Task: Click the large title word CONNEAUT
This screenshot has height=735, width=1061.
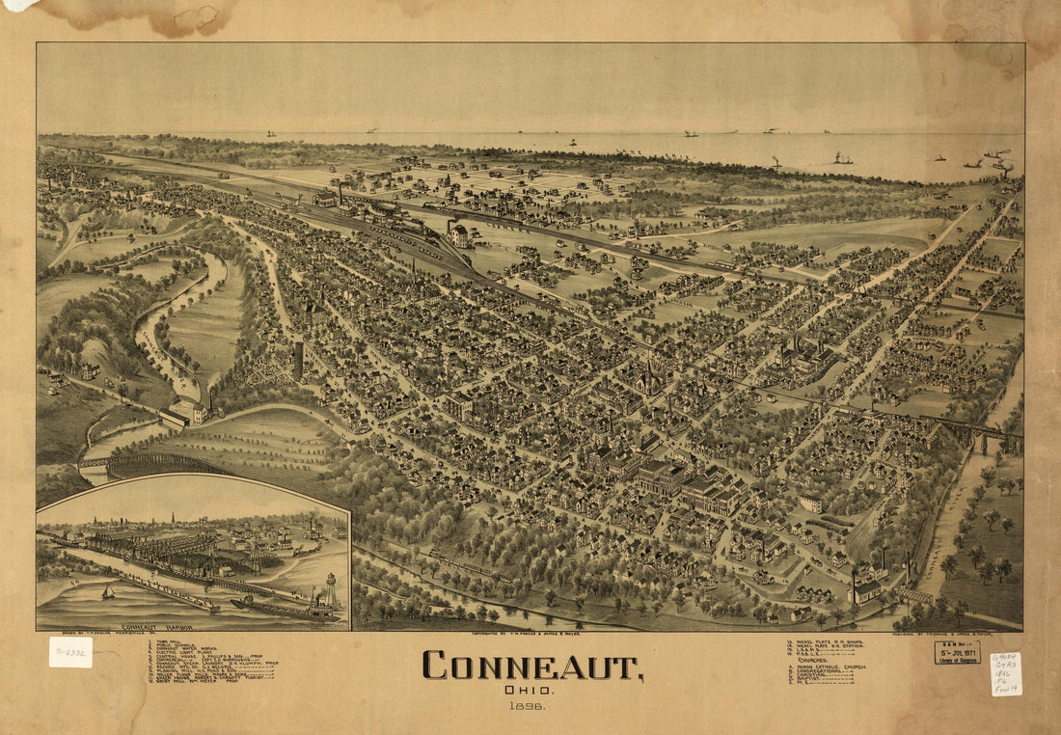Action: pos(531,667)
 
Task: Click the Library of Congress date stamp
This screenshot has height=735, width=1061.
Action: pos(957,652)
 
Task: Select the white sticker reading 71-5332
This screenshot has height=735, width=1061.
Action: pos(70,652)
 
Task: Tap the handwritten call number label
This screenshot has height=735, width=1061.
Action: pos(1005,674)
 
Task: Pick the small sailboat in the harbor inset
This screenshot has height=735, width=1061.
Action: pos(108,591)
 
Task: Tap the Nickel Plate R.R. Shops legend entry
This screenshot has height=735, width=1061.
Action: pos(825,641)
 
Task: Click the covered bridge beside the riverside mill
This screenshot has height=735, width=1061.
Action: pos(175,418)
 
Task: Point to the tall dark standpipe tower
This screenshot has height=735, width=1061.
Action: pos(298,360)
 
